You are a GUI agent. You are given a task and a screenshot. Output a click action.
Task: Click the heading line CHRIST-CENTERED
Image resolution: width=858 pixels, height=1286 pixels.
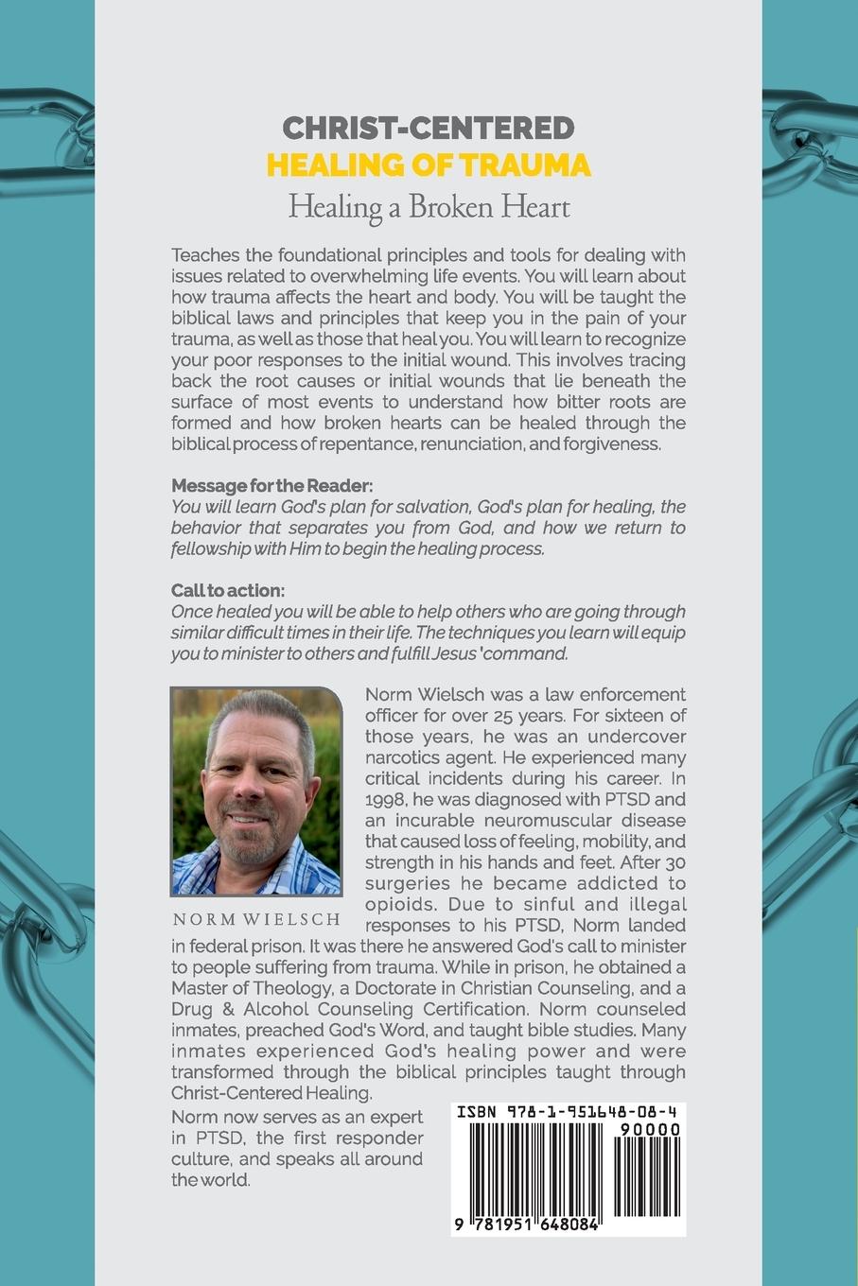click(429, 128)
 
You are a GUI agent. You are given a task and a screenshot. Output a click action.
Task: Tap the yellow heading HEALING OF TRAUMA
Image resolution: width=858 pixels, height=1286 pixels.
click(429, 165)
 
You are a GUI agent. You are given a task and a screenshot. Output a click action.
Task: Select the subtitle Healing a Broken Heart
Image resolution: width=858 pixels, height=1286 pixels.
click(429, 206)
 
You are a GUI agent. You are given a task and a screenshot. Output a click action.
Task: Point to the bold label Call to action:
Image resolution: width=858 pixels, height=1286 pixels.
click(227, 591)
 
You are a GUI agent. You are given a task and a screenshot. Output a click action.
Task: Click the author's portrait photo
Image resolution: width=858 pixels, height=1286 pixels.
click(256, 791)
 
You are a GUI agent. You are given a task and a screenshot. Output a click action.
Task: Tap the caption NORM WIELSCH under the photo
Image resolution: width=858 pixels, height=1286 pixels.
click(256, 919)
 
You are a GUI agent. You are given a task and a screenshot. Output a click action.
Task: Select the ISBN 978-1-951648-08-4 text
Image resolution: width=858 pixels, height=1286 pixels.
click(567, 1113)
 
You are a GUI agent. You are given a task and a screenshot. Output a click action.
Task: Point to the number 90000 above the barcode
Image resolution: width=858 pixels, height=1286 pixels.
click(648, 1129)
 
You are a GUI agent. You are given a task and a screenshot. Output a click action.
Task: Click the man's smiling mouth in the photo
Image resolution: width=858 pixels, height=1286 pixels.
click(248, 820)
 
